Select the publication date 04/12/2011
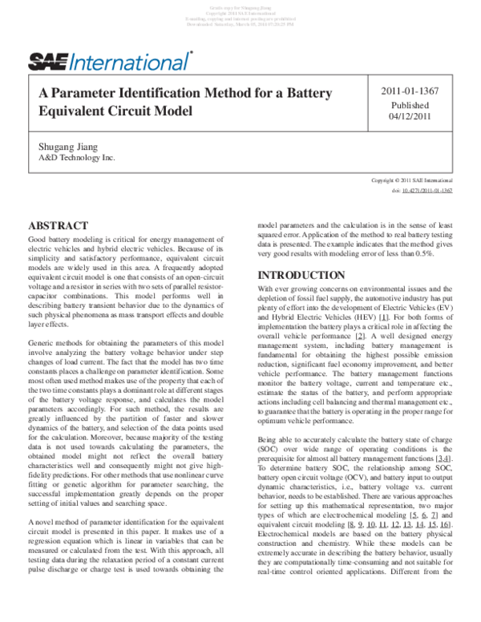[x=410, y=119]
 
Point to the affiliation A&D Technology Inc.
[x=77, y=158]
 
